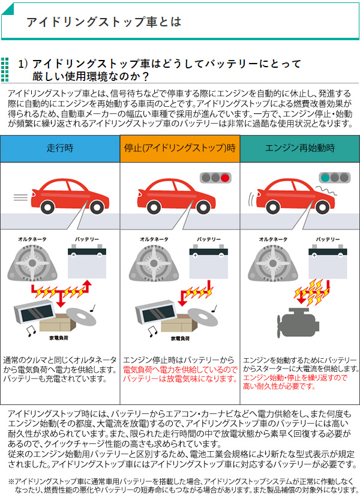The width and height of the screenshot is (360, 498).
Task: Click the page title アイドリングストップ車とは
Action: (x=103, y=22)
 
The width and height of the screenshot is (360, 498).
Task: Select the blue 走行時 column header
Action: (x=60, y=148)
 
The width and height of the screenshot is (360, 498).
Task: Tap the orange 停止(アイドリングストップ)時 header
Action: (x=180, y=148)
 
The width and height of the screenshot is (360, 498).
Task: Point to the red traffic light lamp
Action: (x=225, y=178)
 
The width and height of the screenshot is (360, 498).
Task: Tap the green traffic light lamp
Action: (x=325, y=178)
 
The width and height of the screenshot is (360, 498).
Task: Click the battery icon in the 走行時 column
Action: (x=87, y=260)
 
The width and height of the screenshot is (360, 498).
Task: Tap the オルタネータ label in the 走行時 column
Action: (x=31, y=239)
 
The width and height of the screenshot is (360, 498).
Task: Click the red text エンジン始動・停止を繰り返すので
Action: (x=295, y=377)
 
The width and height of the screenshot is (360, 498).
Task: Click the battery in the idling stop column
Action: (x=208, y=260)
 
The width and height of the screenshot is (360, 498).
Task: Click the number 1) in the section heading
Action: (x=23, y=64)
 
